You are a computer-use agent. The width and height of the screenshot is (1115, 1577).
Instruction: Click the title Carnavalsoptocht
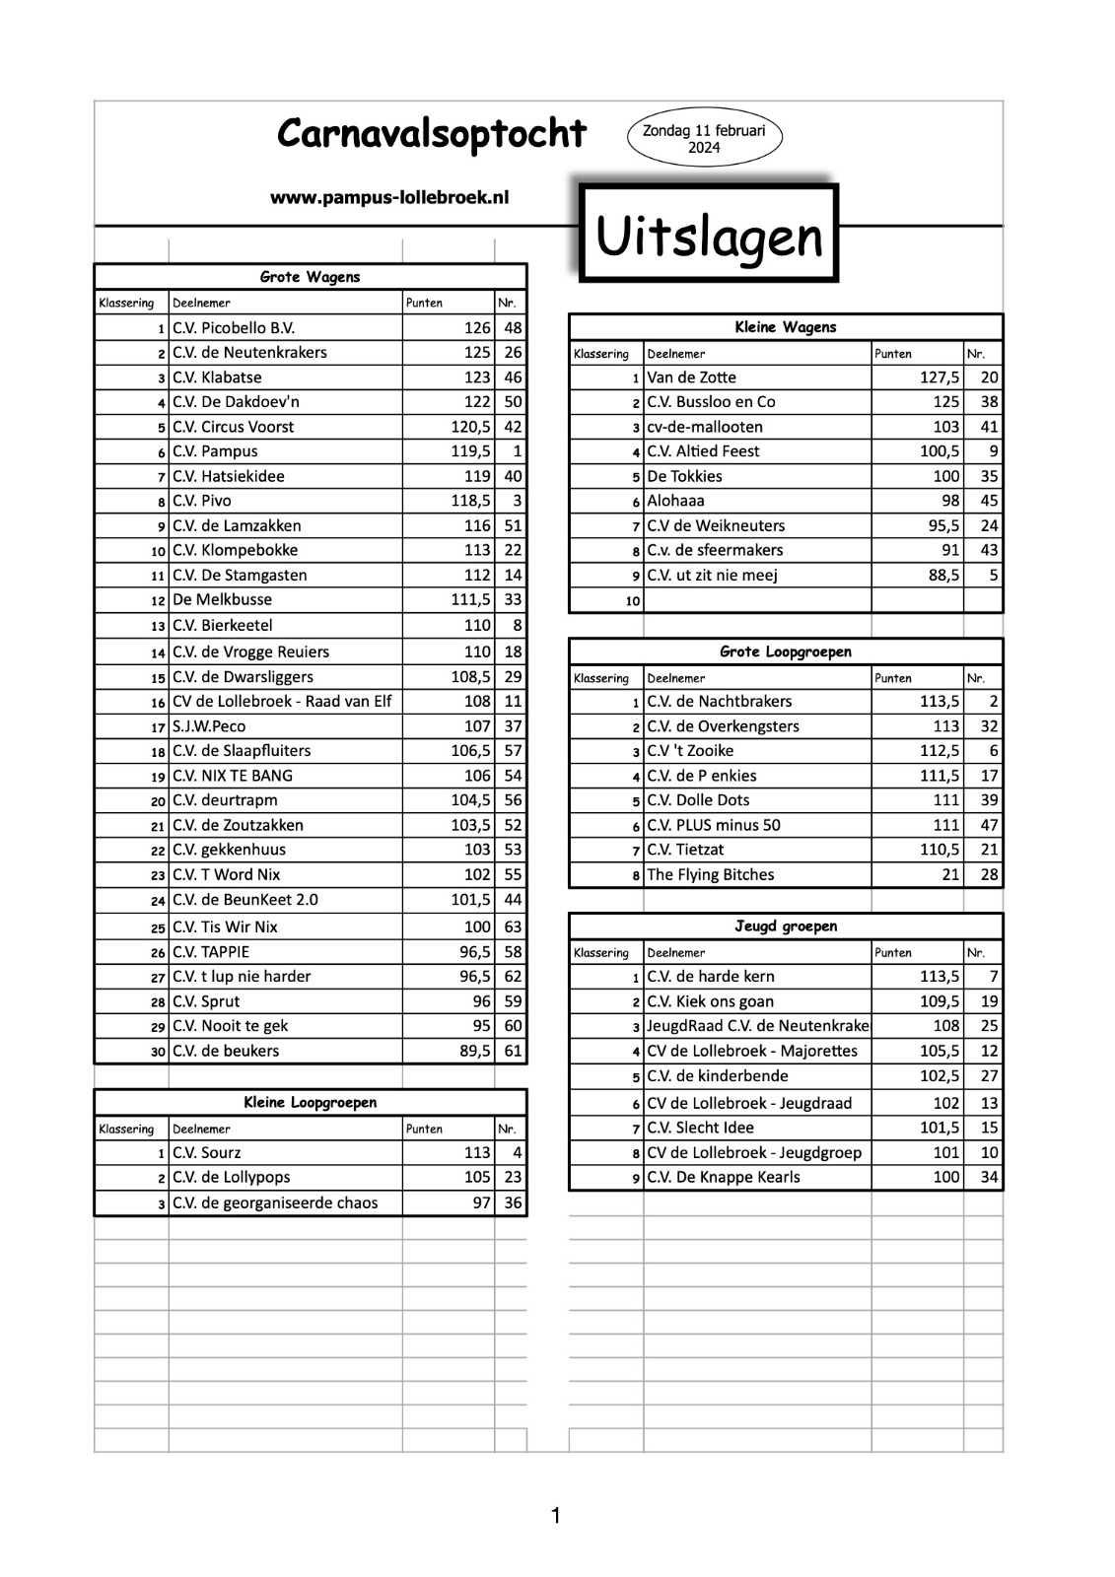(431, 133)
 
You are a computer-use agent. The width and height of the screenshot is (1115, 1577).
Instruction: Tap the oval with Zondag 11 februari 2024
(704, 139)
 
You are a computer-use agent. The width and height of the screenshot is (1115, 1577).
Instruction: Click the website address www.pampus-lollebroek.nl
(389, 198)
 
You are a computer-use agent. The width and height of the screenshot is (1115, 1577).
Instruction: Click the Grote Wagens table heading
(310, 277)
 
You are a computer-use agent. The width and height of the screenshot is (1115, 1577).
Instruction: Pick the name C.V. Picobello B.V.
(234, 328)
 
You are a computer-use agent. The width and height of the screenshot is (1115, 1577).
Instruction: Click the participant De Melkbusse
(222, 599)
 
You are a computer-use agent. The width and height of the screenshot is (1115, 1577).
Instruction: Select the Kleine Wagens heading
(785, 327)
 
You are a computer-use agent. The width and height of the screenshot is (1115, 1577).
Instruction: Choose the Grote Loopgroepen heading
(785, 651)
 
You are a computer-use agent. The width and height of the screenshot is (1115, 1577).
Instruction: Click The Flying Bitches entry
(710, 874)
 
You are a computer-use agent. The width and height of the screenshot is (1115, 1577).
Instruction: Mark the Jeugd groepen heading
(785, 926)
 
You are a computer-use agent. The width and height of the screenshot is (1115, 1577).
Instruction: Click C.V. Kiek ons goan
(710, 1001)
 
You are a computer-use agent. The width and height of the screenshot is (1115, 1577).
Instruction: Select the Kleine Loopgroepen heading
(310, 1103)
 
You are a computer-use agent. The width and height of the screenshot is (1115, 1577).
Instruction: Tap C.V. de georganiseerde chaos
(275, 1202)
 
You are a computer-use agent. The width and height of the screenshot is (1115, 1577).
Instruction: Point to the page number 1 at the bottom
(556, 1516)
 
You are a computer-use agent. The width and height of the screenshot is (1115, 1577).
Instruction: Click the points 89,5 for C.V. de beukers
(474, 1051)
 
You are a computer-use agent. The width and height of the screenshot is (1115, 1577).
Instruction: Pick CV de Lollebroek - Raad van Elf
(281, 702)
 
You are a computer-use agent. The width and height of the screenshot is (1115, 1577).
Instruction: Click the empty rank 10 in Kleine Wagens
(632, 600)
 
